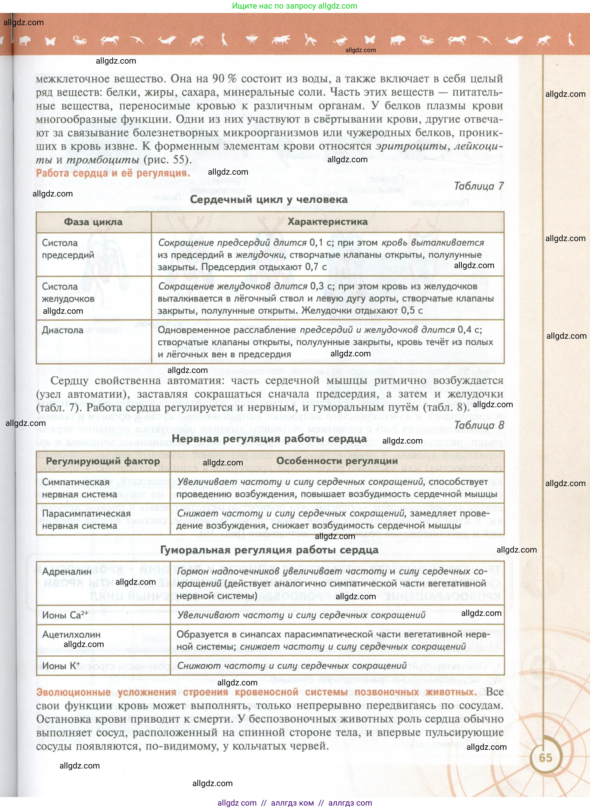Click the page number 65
545,758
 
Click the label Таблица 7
479,186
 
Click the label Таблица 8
479,425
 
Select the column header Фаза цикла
93,222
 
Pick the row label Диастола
63,330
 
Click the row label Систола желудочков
68,292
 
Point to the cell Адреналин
67,571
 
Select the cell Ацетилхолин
71,635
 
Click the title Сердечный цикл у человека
269,199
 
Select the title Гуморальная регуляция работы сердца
269,550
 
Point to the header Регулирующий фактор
103,461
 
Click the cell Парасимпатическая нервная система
86,519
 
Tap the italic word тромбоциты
103,160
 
